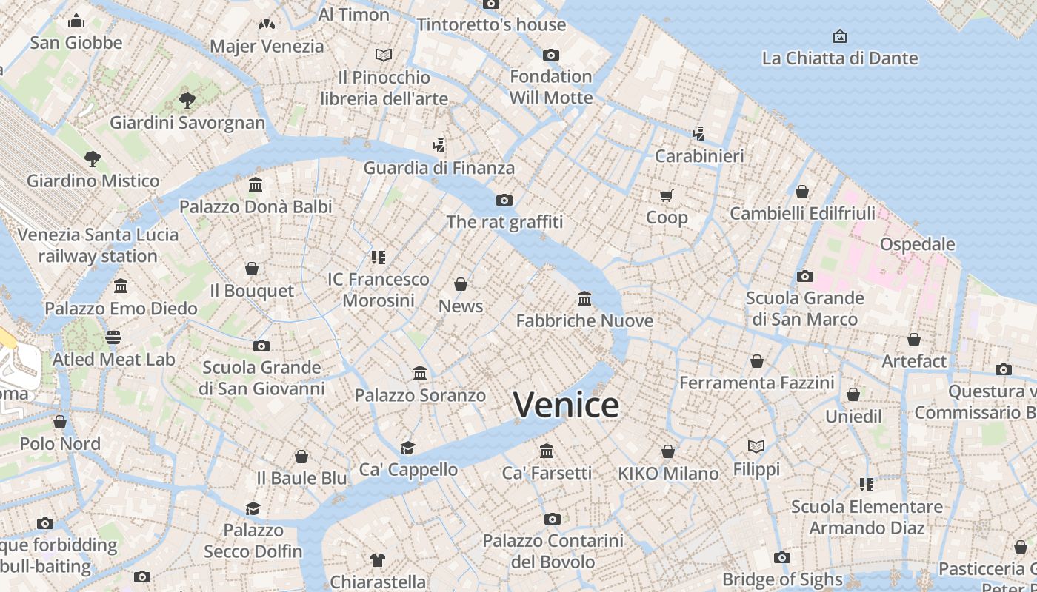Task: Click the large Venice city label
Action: point(566,405)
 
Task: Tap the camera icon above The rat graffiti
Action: point(504,200)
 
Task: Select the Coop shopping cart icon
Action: point(667,195)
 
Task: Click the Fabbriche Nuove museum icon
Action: point(584,298)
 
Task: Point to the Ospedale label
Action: point(917,244)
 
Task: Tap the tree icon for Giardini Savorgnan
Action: point(187,100)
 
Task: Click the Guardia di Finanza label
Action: point(439,168)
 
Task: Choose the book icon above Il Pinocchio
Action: point(383,55)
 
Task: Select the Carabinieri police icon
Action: point(698,133)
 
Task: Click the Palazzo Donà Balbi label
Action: point(256,206)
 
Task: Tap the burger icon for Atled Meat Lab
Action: point(113,337)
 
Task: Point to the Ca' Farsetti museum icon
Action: point(547,451)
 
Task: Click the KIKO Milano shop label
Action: point(668,474)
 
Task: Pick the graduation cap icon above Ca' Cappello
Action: point(407,448)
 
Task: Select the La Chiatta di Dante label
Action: point(839,58)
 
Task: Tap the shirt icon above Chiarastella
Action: point(378,560)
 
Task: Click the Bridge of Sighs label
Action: point(782,579)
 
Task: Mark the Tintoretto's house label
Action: point(491,24)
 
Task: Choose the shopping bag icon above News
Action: point(461,284)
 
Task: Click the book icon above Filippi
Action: point(756,447)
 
